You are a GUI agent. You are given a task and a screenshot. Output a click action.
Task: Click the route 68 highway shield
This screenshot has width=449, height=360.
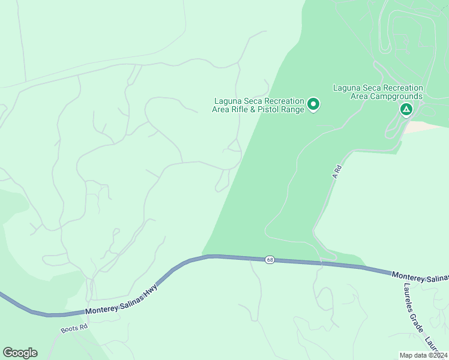[270, 260]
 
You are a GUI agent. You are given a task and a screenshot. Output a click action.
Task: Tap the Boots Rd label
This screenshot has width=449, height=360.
[74, 329]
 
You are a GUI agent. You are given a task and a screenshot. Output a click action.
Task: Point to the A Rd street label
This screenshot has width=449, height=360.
[337, 172]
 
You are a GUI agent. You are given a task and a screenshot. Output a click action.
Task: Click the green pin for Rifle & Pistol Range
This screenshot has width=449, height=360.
[313, 105]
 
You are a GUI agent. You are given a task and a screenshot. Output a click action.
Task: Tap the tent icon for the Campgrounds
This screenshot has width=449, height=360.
[406, 109]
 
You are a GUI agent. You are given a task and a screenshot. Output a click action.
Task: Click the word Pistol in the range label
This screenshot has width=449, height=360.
[269, 109]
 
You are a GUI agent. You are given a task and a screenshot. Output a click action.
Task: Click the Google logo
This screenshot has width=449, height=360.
[20, 353]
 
